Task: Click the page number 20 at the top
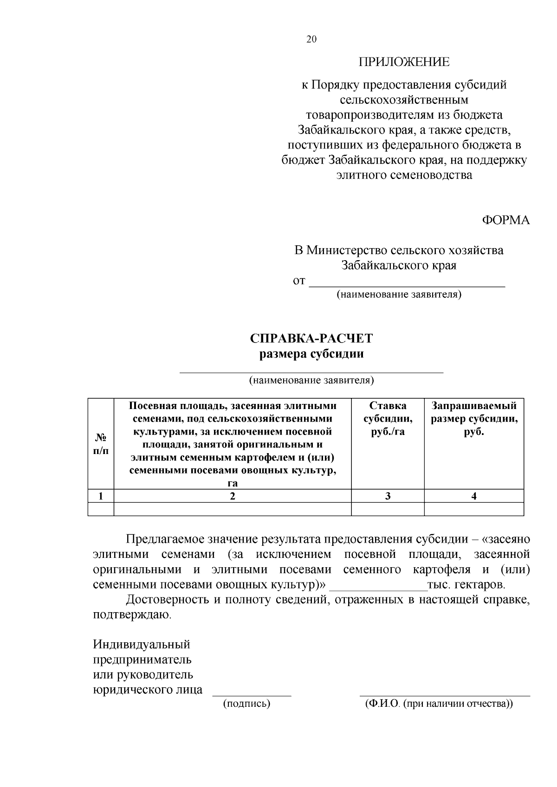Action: pos(311,39)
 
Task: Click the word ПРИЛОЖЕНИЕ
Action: pos(404,62)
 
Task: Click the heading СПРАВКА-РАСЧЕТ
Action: pos(311,339)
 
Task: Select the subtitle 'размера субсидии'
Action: pos(311,354)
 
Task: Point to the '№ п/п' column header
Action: pos(101,444)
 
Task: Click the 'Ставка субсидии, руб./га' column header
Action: pos(388,419)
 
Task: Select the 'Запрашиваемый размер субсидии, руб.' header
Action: pos(474,419)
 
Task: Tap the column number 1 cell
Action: pos(101,496)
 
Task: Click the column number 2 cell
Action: pos(233,496)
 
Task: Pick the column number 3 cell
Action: pos(388,496)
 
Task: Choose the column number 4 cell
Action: pos(474,496)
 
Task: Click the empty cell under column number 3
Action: pos(388,509)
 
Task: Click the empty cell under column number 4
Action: pos(474,509)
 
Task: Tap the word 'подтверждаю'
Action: pos(132,616)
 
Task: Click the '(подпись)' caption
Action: pos(246,704)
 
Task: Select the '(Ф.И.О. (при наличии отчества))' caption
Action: pos(439,704)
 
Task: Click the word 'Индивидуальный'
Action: pos(142,645)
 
